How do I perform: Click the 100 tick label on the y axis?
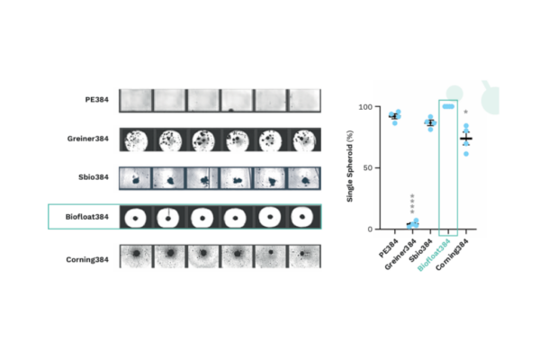tap(364, 107)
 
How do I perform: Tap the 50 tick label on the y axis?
tap(366, 168)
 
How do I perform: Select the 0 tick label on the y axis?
tap(369, 229)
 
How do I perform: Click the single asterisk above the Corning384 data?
tap(465, 113)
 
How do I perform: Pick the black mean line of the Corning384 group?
tap(465, 139)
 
